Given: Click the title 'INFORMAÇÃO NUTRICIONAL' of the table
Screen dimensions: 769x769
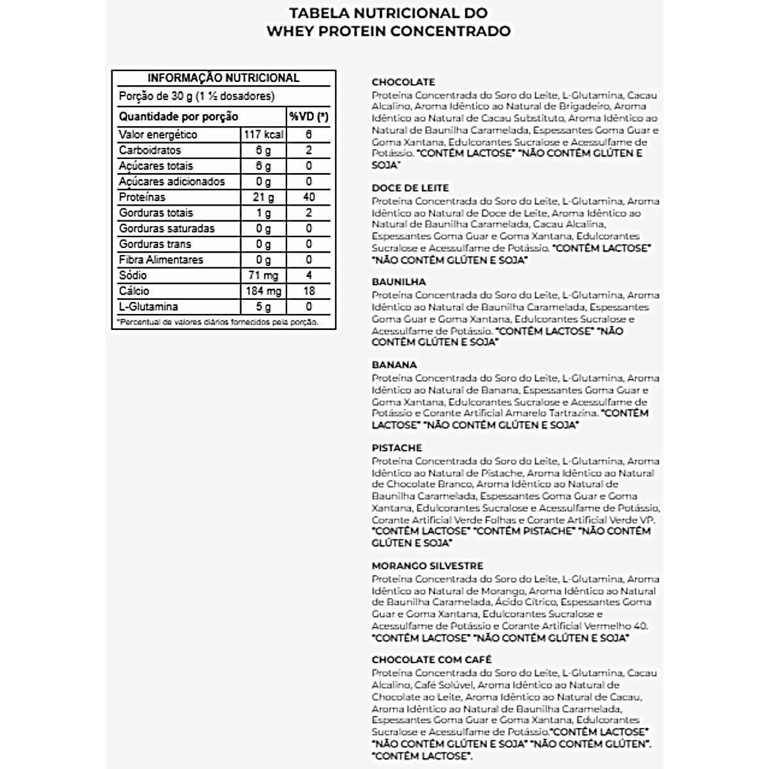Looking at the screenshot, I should pos(223,78).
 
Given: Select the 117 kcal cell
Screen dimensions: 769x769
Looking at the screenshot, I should pos(263,135).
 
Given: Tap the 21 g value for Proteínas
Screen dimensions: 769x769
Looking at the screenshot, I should pos(263,197).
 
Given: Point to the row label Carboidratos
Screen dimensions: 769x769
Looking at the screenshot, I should pos(150,151).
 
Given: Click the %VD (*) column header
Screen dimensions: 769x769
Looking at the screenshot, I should pos(308,117).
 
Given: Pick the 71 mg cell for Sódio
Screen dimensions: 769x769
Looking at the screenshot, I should pos(263,276).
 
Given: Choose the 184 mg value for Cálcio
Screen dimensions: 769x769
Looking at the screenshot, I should pos(263,291).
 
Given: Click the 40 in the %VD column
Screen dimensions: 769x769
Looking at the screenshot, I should pos(308,197).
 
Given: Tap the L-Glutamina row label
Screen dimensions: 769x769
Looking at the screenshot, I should pos(148,307).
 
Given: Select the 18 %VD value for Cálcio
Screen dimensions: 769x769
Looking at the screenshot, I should pos(308,291).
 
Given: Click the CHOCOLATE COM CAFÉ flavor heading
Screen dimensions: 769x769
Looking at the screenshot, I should pos(431,659).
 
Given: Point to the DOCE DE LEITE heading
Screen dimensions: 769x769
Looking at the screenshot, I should pos(410,188).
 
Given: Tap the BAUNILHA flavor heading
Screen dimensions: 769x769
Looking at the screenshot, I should pos(399,281).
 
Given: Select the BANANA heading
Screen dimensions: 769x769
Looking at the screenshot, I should pos(394,365).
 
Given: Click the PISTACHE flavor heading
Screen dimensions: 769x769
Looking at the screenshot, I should pos(397,448).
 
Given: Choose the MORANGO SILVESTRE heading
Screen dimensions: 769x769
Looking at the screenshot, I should pos(427,566).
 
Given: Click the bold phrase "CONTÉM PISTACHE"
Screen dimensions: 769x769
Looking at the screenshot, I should pos(524,531).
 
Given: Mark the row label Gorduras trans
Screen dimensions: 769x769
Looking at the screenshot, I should pos(154,244).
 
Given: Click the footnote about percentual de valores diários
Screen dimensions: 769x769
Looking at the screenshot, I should pos(218,322).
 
